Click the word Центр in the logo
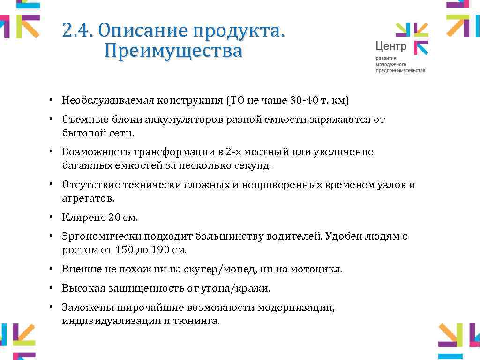391,46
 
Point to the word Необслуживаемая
108,100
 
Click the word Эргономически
102,236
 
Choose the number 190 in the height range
160,250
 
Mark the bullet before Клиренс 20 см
54,217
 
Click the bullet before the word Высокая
54,288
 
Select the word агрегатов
88,198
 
